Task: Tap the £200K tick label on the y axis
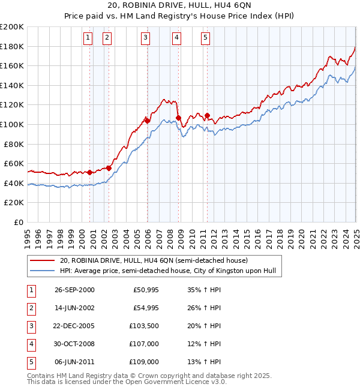(13, 27)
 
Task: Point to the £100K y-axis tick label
(13, 124)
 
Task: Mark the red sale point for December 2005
(148, 121)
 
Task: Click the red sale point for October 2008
(178, 118)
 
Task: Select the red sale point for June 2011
(207, 116)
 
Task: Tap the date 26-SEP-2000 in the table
(74, 290)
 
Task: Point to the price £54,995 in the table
(144, 308)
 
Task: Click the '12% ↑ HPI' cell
(204, 344)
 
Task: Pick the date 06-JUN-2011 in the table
(74, 362)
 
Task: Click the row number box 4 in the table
(30, 344)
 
